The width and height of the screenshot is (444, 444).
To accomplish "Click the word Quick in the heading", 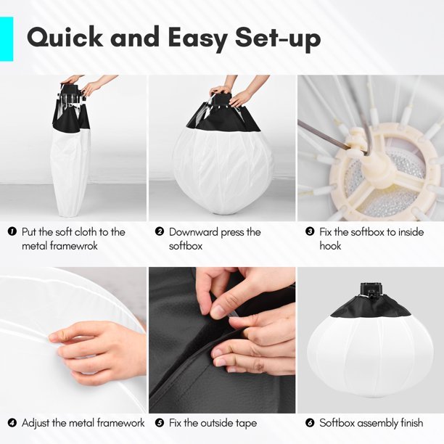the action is tap(65, 38).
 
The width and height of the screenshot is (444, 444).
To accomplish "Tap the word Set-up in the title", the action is tap(278, 39).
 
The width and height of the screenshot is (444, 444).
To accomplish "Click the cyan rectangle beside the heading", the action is tap(7, 38).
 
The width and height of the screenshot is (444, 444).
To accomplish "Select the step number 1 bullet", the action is tap(12, 231).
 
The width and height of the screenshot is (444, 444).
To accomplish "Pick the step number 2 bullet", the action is tap(160, 231).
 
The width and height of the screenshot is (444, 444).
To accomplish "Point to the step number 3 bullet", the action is tap(310, 231).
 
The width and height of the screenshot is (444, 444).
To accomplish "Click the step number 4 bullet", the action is tap(12, 423).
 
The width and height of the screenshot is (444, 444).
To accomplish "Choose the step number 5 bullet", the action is tap(160, 423).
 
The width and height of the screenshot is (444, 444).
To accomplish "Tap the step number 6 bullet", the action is tap(310, 423).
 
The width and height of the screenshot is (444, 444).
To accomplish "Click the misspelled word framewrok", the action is tap(73, 245).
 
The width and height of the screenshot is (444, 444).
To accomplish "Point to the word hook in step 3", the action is tap(330, 245).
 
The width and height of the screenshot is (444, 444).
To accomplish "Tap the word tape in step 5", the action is tap(246, 424).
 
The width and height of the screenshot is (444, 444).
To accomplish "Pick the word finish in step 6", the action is tap(412, 423).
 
